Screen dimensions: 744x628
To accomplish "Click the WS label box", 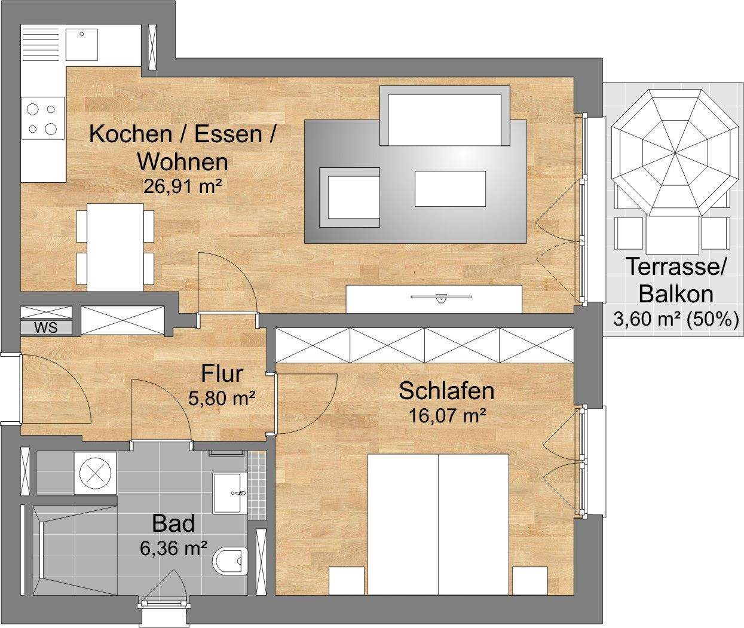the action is pos(47,327).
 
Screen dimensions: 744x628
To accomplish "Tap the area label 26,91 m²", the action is pos(183,186).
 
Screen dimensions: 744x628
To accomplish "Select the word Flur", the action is pos(222,373).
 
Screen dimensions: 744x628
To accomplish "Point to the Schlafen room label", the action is pos(446,391).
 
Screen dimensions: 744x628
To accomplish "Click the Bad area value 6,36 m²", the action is pos(173,548).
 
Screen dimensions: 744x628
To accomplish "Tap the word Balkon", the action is pos(676,295).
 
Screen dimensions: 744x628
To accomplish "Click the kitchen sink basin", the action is pos(82,45).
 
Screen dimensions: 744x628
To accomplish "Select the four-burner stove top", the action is pos(43,118).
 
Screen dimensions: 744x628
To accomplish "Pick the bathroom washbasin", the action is pos(230,493).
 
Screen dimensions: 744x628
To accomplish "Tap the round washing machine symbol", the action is pos(95,474).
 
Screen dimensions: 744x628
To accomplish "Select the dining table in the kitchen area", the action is pos(115,248).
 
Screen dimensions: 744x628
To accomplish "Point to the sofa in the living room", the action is pos(445,115).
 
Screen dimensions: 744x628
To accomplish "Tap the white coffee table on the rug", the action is pos(451,189).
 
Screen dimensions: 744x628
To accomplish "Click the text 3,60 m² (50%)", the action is pos(676,319).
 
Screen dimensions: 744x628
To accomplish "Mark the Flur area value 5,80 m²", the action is pos(222,398).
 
